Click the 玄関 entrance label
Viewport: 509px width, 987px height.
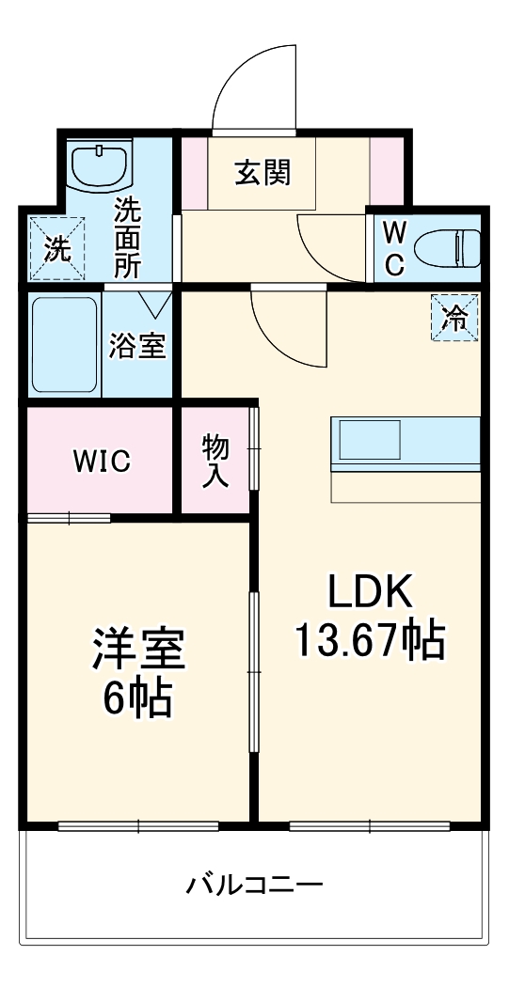click(x=262, y=173)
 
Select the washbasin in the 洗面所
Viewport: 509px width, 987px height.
click(x=100, y=167)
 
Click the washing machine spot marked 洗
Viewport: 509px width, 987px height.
click(x=56, y=248)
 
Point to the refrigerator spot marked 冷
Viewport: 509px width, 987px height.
click(x=454, y=317)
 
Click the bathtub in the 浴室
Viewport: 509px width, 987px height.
click(x=64, y=345)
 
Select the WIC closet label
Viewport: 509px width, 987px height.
click(x=102, y=462)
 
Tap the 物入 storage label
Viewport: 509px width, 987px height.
click(x=215, y=461)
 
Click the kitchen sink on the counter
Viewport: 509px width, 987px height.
click(x=370, y=440)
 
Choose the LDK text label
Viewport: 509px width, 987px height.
click(x=370, y=592)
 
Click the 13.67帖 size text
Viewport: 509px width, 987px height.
click(x=370, y=641)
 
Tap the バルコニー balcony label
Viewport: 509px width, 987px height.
click(x=254, y=885)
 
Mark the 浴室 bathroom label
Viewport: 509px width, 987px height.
click(x=137, y=345)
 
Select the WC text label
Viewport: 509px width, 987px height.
click(x=394, y=247)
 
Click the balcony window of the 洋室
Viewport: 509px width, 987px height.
click(x=138, y=826)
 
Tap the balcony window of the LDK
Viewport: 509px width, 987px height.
click(x=370, y=826)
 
